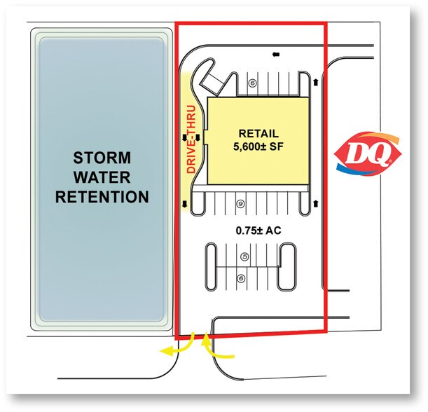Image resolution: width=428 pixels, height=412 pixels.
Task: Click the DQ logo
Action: [x=367, y=153]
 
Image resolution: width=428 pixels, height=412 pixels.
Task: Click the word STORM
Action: [x=102, y=158]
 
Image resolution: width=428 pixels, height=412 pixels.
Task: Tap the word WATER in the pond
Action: [x=102, y=177]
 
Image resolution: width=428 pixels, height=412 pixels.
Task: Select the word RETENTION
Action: [x=102, y=197]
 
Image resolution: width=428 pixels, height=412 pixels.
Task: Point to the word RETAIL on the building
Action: [x=258, y=134]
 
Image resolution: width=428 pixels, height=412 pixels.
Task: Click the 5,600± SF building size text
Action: [x=258, y=146]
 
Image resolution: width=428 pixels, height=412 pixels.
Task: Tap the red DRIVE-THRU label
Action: [x=191, y=139]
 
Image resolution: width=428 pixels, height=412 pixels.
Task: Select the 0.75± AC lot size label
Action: [x=258, y=231]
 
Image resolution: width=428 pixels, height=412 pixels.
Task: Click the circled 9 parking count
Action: [x=241, y=204]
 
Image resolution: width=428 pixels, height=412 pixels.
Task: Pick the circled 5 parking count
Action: [x=245, y=256]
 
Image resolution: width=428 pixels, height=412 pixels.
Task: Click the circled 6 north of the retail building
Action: [x=253, y=83]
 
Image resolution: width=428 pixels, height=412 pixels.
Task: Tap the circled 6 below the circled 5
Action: [x=241, y=278]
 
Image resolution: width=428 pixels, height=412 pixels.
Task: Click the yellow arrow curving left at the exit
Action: [x=180, y=346]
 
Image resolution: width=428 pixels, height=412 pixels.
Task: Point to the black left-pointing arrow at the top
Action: [x=276, y=55]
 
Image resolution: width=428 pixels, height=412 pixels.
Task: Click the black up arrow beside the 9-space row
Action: [x=316, y=204]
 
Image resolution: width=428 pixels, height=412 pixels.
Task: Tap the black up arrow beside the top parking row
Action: [x=316, y=82]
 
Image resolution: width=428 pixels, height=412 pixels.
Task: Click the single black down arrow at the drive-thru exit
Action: [x=185, y=204]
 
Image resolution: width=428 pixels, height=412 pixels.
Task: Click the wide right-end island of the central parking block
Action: [x=287, y=267]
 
